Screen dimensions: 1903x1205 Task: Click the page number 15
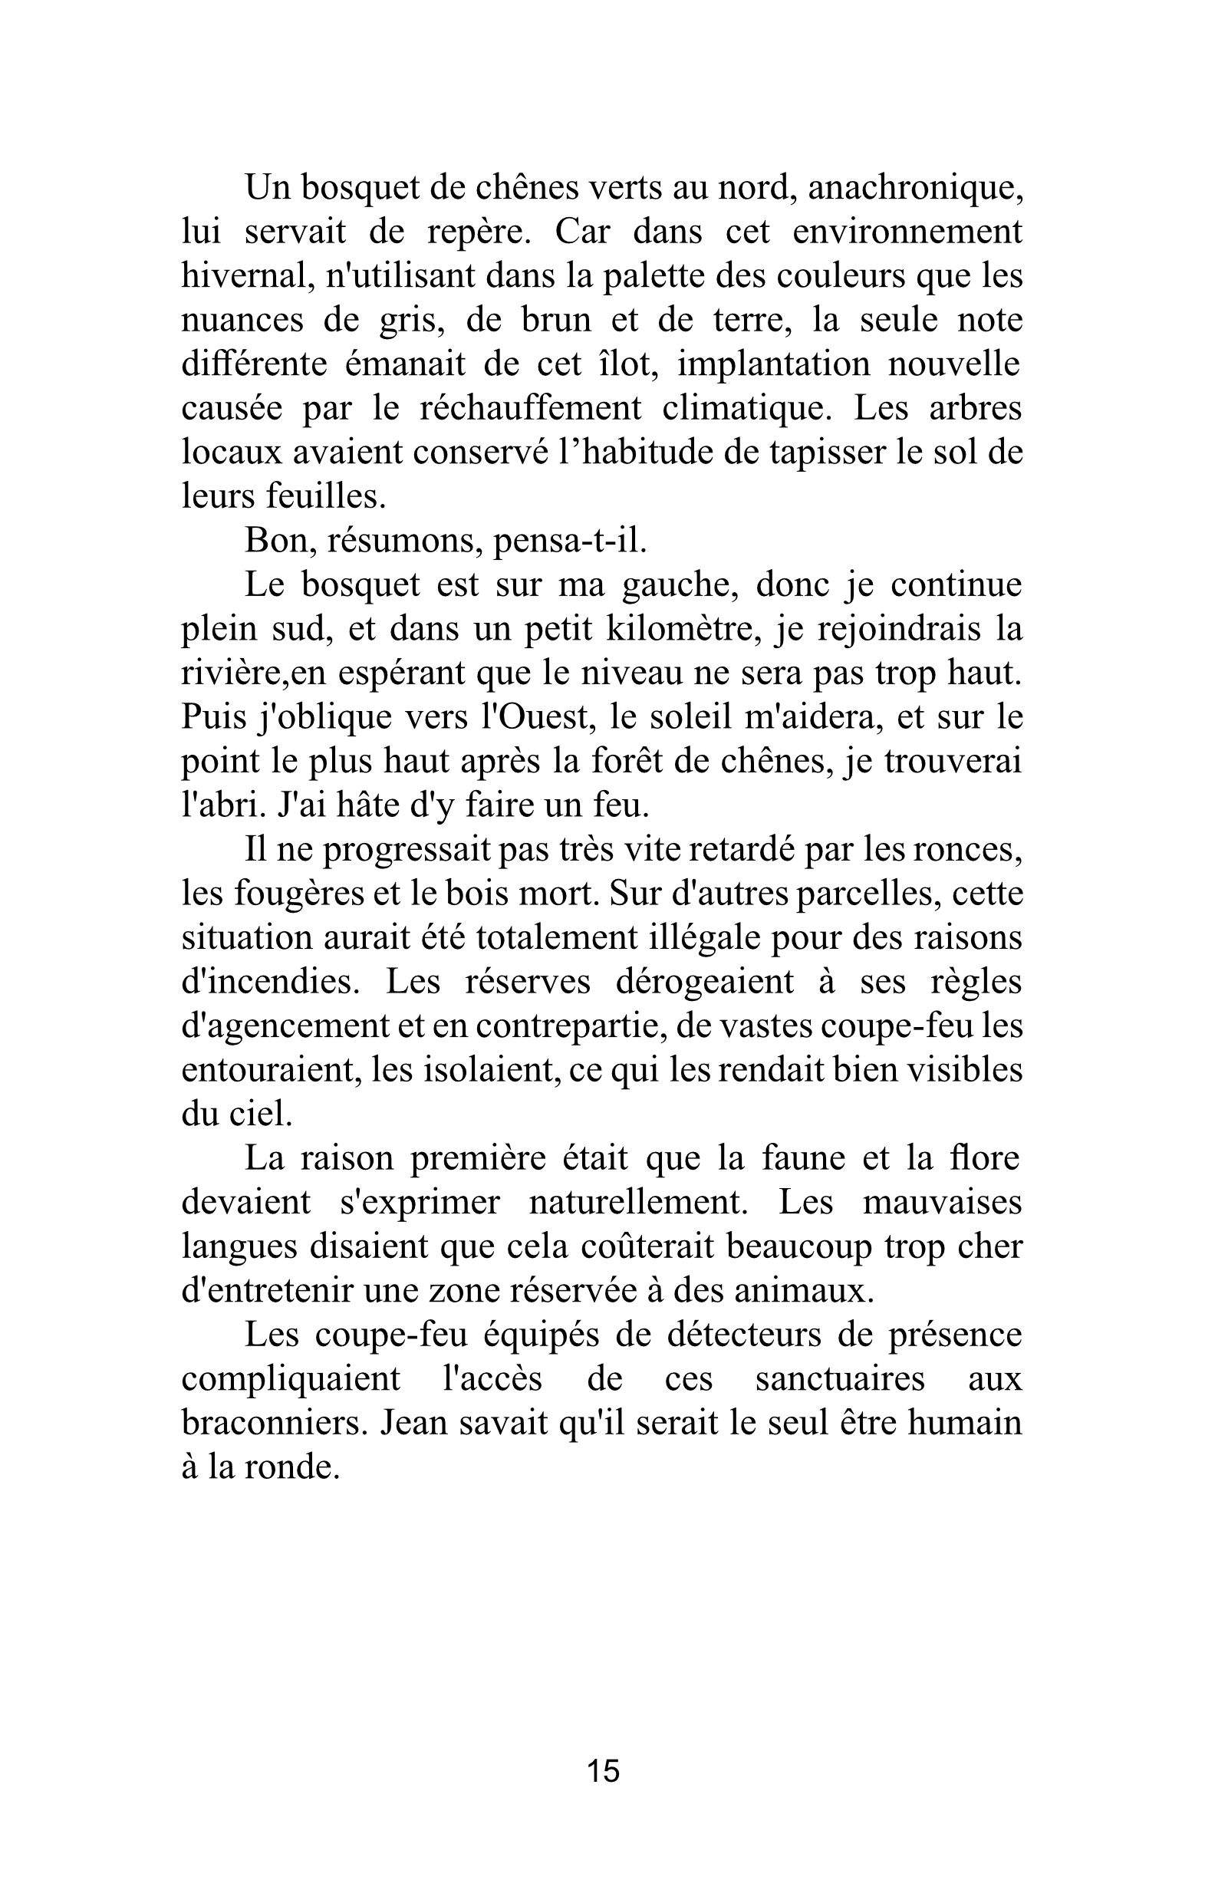[603, 1770]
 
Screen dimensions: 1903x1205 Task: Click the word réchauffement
[530, 410]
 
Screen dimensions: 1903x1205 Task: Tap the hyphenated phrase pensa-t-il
[570, 542]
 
